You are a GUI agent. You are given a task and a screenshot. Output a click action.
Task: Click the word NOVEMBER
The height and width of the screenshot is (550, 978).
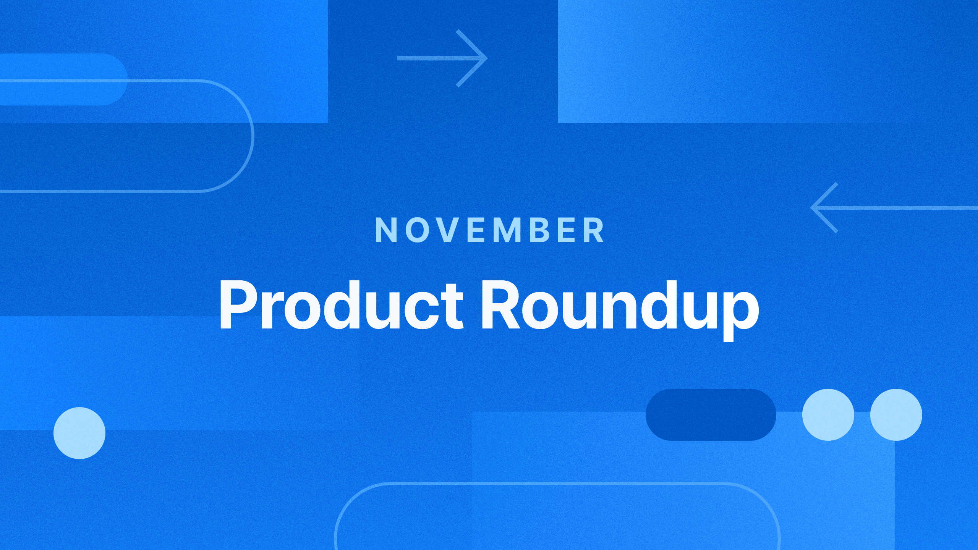pos(490,230)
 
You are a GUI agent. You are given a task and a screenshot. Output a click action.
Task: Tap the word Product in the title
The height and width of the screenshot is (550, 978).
pos(341,305)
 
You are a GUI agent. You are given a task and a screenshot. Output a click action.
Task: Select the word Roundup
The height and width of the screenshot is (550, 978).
pos(620,309)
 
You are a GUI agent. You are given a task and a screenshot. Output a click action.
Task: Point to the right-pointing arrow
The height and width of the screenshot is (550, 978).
pos(442,58)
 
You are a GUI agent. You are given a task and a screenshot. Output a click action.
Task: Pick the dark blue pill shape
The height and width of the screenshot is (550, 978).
pos(711,415)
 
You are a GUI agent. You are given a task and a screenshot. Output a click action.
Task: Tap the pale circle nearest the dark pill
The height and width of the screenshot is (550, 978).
pos(828,415)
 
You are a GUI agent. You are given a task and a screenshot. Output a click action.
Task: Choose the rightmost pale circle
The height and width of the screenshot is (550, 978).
pos(896,415)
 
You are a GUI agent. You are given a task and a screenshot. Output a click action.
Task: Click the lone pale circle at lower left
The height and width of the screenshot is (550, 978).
pos(79,433)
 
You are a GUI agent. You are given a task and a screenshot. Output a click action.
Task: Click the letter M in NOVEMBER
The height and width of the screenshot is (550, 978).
pos(507,230)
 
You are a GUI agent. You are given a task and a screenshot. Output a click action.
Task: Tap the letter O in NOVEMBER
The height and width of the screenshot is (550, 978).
pos(417,230)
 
